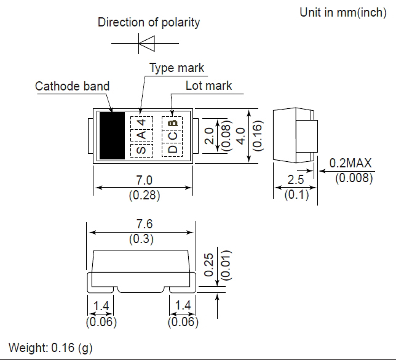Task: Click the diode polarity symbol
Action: [146, 43]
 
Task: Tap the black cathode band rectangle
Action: [112, 135]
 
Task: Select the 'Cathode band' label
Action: [72, 86]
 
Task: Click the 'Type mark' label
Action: [176, 68]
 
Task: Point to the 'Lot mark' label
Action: [208, 86]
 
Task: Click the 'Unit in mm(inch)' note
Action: [343, 12]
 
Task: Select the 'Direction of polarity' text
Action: [149, 23]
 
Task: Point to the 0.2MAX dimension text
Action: [350, 164]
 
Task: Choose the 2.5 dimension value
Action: [296, 181]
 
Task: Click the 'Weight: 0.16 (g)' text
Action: [50, 348]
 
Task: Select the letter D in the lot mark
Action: [172, 150]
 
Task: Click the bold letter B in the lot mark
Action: [173, 122]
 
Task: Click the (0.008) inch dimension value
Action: [354, 179]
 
